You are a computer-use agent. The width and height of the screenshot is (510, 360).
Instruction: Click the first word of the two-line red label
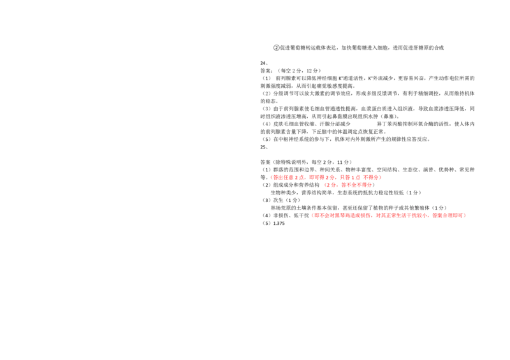288,177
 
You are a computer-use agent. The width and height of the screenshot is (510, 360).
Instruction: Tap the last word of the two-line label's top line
371,177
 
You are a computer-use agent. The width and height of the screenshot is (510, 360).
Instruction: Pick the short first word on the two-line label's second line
330,185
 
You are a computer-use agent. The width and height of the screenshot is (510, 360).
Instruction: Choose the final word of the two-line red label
356,185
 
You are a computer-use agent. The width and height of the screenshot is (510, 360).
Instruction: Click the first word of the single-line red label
341,215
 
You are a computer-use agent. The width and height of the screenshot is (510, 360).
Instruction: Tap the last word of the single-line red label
449,215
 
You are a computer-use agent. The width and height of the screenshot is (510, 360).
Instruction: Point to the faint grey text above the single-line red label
379,210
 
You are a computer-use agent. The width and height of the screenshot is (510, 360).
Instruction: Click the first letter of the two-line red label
273,177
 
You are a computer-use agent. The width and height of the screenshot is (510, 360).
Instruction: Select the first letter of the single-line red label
313,215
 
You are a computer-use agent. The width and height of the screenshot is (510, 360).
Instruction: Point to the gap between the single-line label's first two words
372,215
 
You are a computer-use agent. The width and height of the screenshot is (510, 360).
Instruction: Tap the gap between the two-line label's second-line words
337,185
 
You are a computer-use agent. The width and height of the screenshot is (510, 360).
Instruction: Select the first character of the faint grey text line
312,210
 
